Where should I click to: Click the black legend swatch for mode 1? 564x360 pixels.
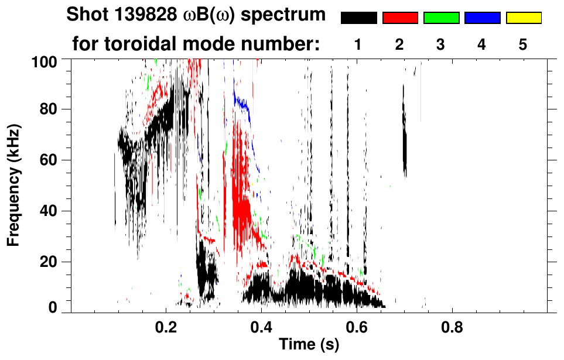click(358, 18)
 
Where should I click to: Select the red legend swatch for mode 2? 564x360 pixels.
click(400, 18)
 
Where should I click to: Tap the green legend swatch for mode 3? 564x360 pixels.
click(441, 18)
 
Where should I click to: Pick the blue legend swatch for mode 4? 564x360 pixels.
click(482, 18)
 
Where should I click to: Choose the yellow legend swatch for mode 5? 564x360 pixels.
click(524, 18)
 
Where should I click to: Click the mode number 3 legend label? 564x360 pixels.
click(441, 44)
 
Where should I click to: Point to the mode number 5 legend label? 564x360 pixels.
click(523, 44)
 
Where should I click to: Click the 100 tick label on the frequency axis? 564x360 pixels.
click(45, 60)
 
